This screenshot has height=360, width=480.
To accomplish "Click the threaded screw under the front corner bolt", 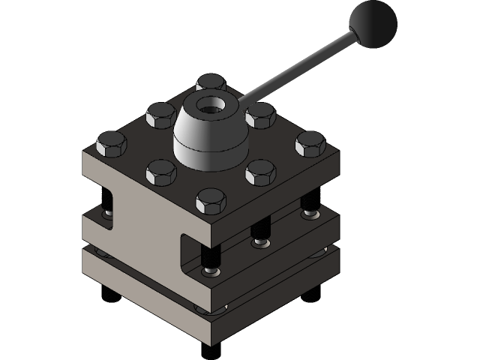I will point(211,262).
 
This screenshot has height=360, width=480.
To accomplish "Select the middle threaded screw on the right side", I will point(260,235).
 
